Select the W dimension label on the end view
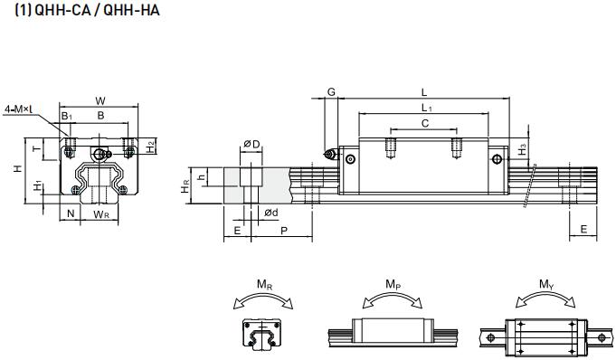(x=100, y=100)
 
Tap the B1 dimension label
(x=67, y=116)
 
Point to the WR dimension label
(x=101, y=214)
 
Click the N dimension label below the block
(x=71, y=214)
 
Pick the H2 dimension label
(x=151, y=144)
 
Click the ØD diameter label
(x=251, y=144)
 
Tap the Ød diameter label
(x=270, y=213)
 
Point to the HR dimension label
(x=185, y=186)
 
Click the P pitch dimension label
(x=284, y=232)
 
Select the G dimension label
(x=331, y=92)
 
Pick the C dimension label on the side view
(x=425, y=125)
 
